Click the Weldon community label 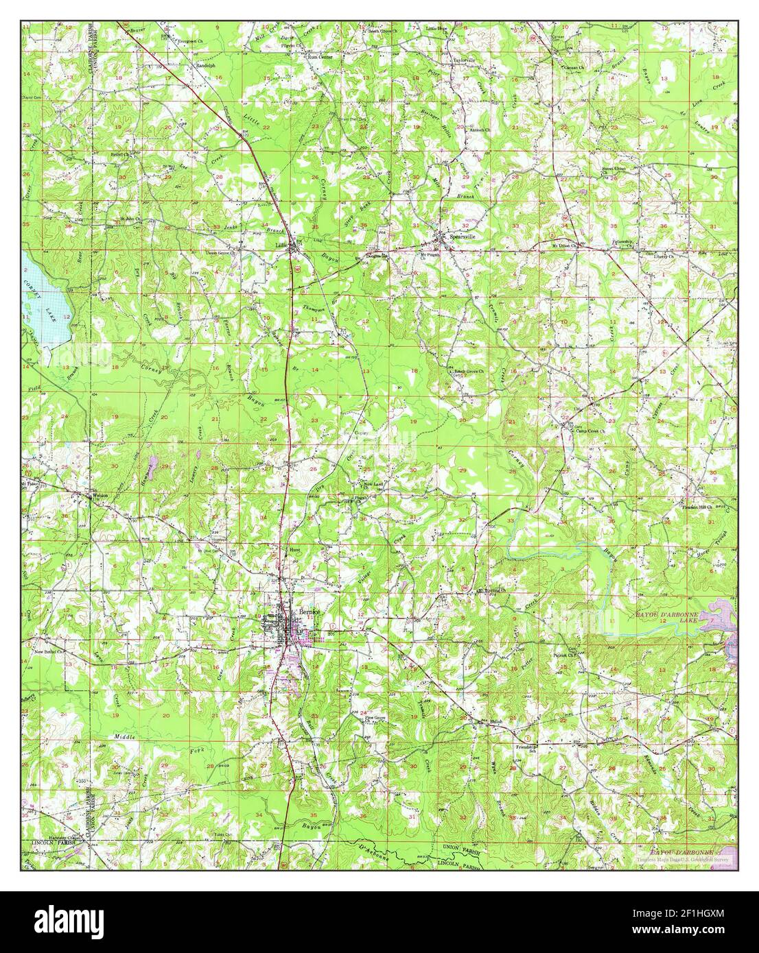(x=100, y=495)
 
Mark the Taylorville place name (x=463, y=60)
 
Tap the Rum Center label (x=320, y=58)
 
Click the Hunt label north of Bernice (x=295, y=550)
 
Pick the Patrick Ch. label (x=564, y=655)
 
